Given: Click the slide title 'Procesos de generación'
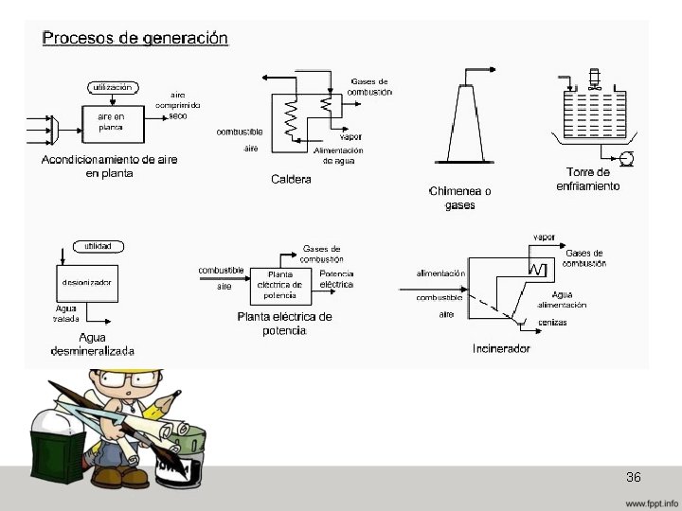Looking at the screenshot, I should click(x=135, y=39).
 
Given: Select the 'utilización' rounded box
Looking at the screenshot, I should click(x=113, y=87).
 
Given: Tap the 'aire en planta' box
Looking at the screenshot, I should click(x=112, y=122).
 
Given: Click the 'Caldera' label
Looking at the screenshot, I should click(x=291, y=180).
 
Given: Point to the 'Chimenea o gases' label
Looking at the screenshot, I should click(x=460, y=198).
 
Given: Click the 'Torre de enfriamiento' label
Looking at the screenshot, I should click(x=587, y=179).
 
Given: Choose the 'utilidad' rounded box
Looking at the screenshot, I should click(x=99, y=246).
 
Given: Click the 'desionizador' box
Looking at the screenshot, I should click(x=86, y=282).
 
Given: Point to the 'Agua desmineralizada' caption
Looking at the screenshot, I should click(x=93, y=344).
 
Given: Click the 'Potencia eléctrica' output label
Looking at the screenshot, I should click(x=336, y=279).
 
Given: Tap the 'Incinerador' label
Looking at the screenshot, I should click(x=501, y=348).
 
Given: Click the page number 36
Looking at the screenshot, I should click(x=634, y=477).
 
